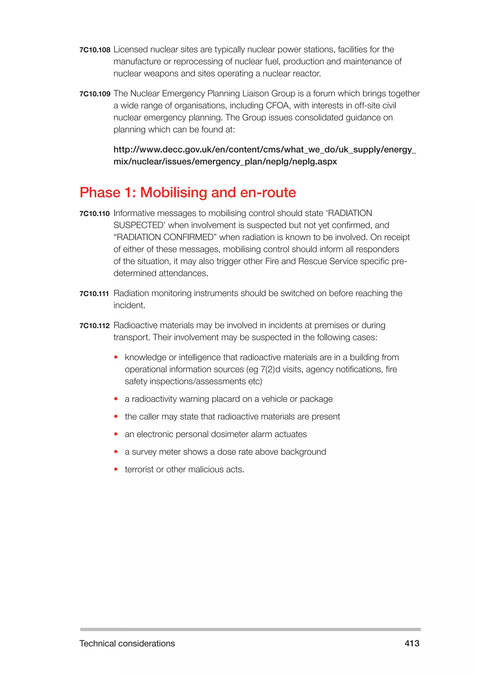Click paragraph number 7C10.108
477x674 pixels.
click(x=95, y=50)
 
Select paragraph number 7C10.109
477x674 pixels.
click(x=95, y=94)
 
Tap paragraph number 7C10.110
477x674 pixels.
click(x=94, y=214)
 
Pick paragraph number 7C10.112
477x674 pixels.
click(x=94, y=326)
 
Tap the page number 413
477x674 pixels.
click(x=412, y=644)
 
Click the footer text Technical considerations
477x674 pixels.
click(x=127, y=644)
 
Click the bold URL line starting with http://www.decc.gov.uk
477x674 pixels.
click(x=264, y=150)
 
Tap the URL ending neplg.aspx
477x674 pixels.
click(x=225, y=162)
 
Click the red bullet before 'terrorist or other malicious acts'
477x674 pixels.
click(x=116, y=469)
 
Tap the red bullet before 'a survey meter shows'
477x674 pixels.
click(x=116, y=452)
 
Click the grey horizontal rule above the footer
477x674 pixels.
click(x=250, y=629)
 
